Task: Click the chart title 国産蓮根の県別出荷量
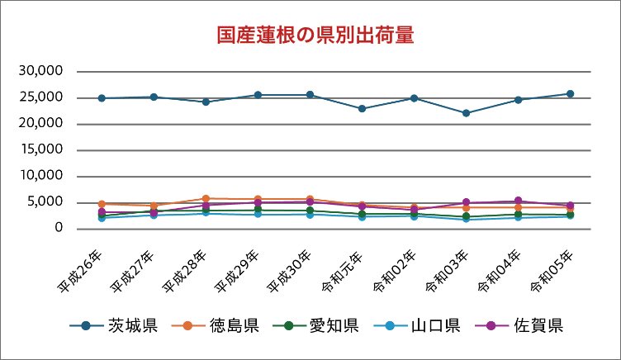[x=315, y=35]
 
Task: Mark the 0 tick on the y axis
[x=59, y=228]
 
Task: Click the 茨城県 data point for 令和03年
[x=466, y=113]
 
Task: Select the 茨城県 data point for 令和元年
[x=362, y=109]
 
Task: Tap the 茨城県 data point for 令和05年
[x=570, y=94]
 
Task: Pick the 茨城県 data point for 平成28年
[x=206, y=102]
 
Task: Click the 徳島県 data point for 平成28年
[x=206, y=199]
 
